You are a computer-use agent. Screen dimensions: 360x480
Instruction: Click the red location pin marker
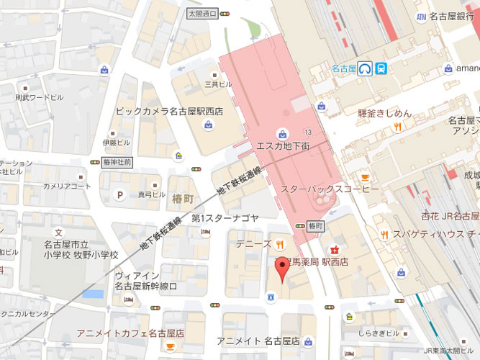(281, 271)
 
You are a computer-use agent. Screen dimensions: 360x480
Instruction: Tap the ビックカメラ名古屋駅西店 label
(169, 112)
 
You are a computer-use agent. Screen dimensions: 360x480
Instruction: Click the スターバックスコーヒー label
(320, 189)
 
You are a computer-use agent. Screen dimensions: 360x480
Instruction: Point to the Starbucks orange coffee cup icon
(364, 177)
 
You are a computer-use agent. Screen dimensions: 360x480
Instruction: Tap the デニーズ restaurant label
(253, 244)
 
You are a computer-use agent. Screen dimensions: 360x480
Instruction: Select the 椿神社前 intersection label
(117, 162)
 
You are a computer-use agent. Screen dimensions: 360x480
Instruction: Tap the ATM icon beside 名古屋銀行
(421, 16)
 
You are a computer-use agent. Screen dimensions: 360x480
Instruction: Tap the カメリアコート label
(67, 186)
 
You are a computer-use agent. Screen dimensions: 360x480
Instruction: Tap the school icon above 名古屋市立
(59, 233)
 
